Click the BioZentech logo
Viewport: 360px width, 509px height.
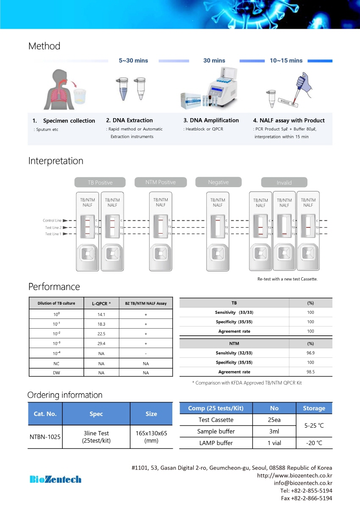55,479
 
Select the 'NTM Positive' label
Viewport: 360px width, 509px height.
161,182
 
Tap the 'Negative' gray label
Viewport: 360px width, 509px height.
219,182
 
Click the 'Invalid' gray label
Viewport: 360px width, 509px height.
284,183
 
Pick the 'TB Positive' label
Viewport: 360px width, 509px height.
100,183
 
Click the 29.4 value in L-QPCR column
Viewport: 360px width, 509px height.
101,343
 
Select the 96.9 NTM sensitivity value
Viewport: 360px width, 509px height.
310,353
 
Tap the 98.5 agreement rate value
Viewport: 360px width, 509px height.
310,372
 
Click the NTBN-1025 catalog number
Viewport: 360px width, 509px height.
45,437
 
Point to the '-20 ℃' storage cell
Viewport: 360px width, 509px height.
314,443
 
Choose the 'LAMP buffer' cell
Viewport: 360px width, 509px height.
216,443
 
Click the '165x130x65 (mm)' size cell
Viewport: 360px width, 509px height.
151,437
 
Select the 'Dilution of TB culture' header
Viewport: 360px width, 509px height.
56,303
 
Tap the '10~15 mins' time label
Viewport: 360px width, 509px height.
286,61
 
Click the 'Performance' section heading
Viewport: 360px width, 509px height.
54,287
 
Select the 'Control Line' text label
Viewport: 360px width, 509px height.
52,221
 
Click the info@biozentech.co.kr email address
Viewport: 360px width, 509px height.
303,483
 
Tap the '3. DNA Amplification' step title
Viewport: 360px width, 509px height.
211,120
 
